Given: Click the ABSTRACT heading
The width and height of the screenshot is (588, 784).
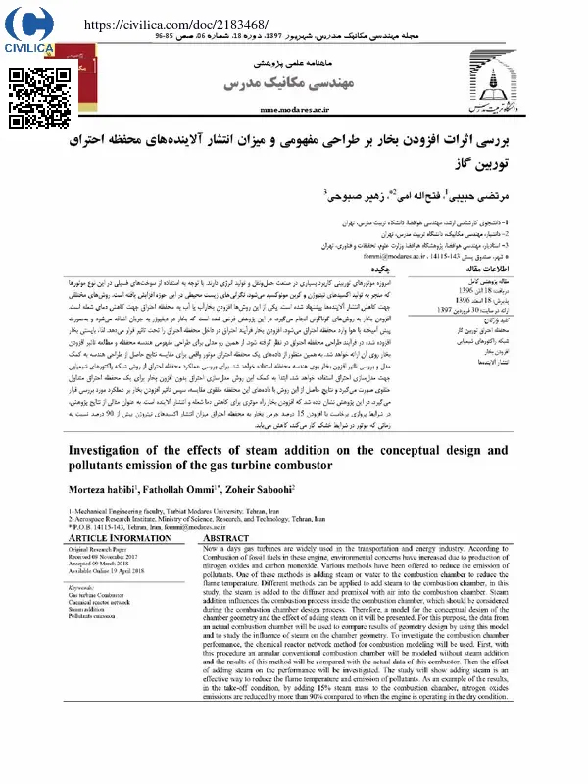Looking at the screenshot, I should (229, 539).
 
